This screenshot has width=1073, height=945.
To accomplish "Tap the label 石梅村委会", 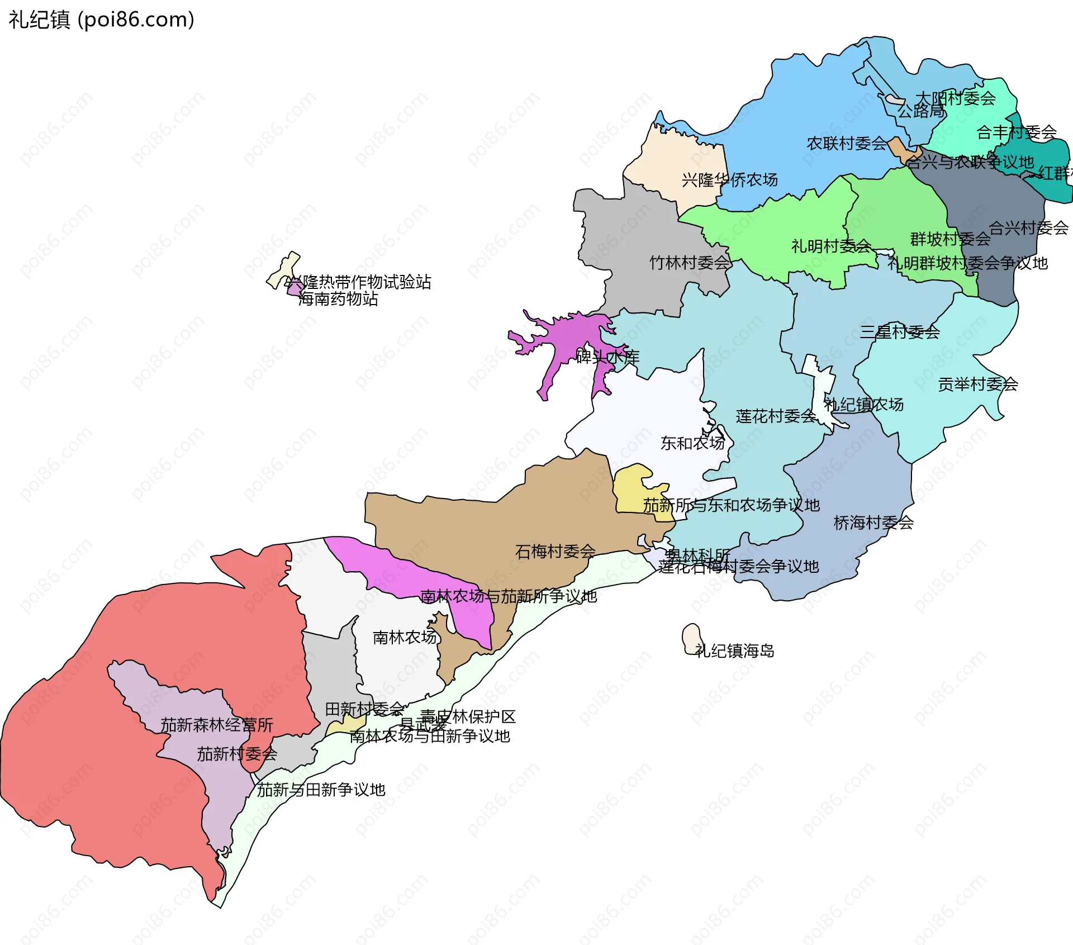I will (x=555, y=552).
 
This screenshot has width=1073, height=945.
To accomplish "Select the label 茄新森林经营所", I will (x=217, y=725).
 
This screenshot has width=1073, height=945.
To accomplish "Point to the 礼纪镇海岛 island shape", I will (x=691, y=638).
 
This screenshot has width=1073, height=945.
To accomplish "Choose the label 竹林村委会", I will (x=689, y=263).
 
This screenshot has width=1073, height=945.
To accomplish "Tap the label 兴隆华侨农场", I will (x=729, y=180).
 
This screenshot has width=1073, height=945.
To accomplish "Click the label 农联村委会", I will (x=846, y=144).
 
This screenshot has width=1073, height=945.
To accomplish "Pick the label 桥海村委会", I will (x=873, y=523).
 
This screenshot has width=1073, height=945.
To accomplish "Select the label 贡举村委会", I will (x=977, y=384).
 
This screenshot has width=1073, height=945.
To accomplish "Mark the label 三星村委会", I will (x=899, y=332).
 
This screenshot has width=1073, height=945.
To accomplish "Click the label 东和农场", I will (x=692, y=443).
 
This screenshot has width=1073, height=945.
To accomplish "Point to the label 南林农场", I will (x=405, y=637).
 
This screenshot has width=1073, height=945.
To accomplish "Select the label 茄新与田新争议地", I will (x=321, y=790).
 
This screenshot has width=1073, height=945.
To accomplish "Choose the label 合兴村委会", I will (x=1028, y=228).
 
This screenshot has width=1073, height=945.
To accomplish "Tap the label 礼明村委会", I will (x=830, y=246).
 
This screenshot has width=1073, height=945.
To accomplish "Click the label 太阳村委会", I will (x=955, y=99).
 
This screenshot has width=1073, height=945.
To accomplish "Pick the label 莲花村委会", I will (x=776, y=416).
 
